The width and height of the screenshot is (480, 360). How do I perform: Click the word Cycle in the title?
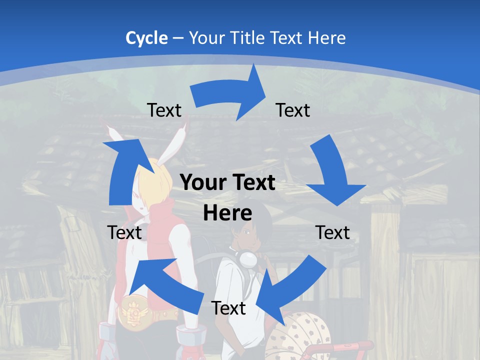pos(146,38)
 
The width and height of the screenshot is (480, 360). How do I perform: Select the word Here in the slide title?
pos(327,38)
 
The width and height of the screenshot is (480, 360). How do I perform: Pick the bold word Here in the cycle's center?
pos(227,213)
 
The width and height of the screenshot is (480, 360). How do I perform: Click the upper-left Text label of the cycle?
pos(164,110)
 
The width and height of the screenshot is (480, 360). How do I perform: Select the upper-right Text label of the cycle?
pos(293,110)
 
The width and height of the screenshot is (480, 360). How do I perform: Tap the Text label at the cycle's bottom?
pos(228,308)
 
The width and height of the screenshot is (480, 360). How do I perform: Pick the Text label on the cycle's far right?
pos(332,232)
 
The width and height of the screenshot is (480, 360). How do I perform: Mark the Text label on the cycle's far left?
pos(124,232)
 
